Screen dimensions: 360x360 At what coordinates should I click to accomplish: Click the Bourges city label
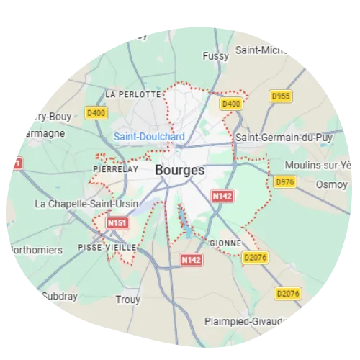click(x=179, y=171)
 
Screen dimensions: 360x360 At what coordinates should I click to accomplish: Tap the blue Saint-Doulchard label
click(x=149, y=137)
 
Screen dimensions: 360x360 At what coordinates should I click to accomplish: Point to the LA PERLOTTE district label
click(x=132, y=94)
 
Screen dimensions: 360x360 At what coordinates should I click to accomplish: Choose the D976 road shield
click(x=285, y=181)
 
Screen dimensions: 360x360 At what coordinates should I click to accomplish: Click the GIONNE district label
click(x=225, y=243)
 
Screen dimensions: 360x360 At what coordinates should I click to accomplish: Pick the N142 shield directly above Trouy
click(x=191, y=259)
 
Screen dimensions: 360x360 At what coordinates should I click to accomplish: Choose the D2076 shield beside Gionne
click(x=254, y=257)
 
